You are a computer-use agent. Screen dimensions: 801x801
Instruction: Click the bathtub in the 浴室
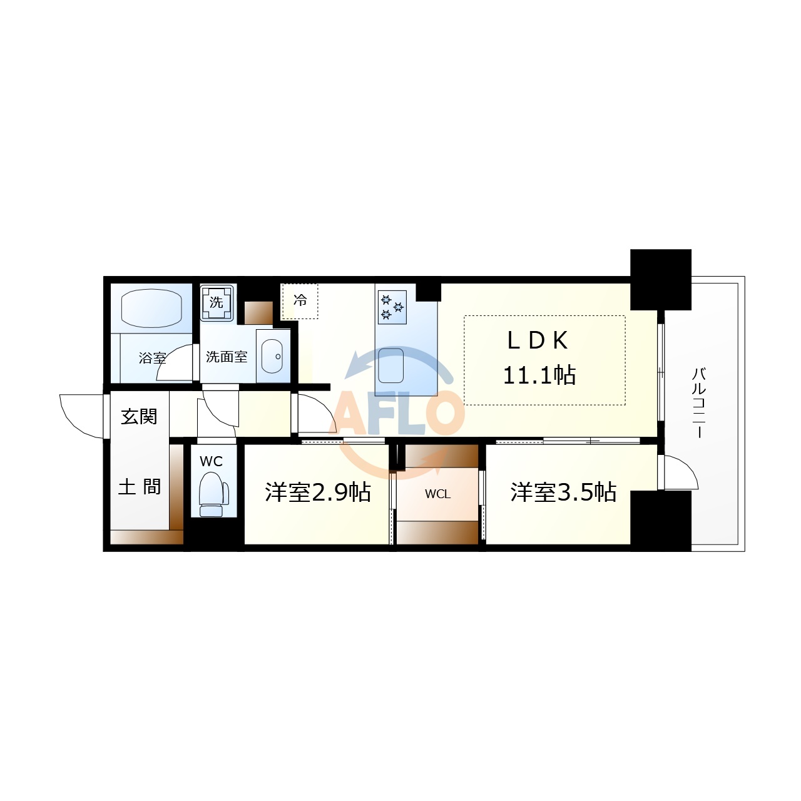(151, 307)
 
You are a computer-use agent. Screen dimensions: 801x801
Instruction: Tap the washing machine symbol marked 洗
(217, 302)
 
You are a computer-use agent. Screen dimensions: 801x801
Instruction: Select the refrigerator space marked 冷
(300, 301)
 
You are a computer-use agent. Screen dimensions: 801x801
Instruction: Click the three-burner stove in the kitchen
(392, 307)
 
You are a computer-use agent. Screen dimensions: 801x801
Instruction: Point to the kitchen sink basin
(391, 365)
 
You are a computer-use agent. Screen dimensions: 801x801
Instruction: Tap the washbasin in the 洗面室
(272, 356)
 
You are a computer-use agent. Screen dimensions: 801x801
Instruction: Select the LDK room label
(538, 340)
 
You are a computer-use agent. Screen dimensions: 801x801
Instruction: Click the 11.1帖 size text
(539, 375)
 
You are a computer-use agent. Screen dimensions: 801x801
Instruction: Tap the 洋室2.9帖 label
(318, 492)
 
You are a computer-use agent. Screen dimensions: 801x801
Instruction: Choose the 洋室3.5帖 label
(563, 492)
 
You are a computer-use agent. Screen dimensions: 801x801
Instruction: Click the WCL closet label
(437, 494)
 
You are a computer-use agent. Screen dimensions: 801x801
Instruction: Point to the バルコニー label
(699, 402)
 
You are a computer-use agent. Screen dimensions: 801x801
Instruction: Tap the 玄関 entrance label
(139, 416)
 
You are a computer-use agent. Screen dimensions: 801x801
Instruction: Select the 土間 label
(140, 486)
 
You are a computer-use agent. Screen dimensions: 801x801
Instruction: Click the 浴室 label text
(152, 358)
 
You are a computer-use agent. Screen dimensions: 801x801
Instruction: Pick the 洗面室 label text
(227, 357)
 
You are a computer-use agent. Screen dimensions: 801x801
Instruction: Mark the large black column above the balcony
(660, 279)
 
